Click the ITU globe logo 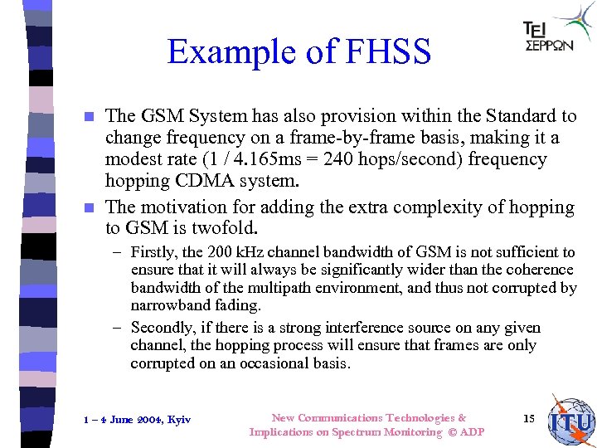[x=571, y=421]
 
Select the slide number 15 [x=528, y=417]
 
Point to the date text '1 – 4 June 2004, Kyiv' [x=138, y=419]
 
